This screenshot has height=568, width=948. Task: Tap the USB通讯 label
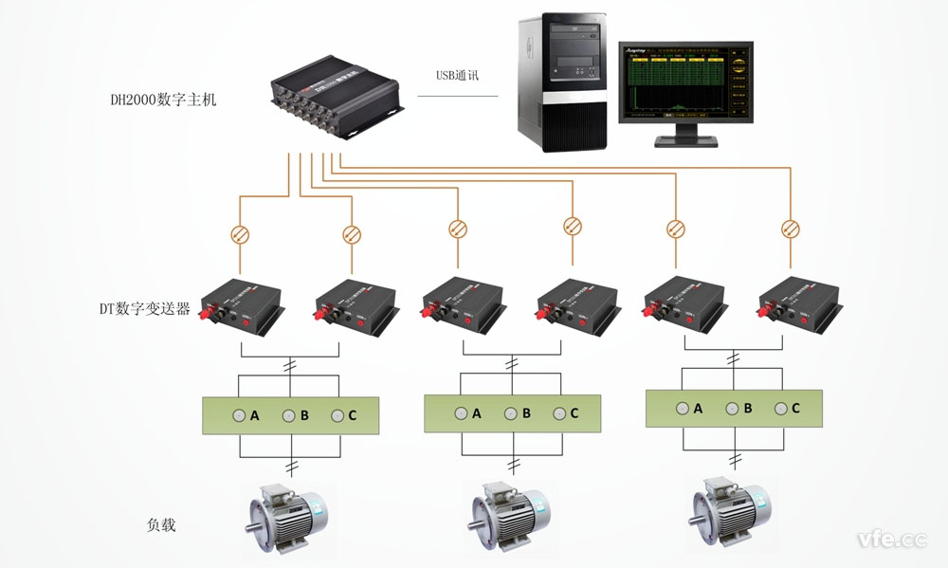(459, 77)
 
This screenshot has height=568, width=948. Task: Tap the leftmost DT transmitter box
(242, 305)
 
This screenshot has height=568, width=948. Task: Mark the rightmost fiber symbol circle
(790, 228)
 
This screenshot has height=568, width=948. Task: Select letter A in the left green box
(255, 415)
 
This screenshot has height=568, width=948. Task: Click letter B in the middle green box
(525, 413)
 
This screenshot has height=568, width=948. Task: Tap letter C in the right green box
(795, 408)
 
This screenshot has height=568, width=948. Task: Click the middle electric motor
(504, 518)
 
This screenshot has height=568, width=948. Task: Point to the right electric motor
(727, 512)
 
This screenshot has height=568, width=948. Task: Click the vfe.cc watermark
(891, 539)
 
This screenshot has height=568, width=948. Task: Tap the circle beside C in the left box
(337, 415)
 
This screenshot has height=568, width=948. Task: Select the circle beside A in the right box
(681, 408)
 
